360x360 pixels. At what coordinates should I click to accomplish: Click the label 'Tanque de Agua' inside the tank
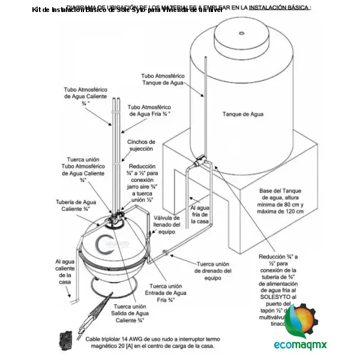242,113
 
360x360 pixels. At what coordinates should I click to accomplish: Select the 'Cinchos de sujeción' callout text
140,145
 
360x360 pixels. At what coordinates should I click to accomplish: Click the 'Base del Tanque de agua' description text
281,201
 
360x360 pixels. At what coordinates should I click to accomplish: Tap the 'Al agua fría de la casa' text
200,214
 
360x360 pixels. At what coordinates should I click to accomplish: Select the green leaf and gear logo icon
305,321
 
